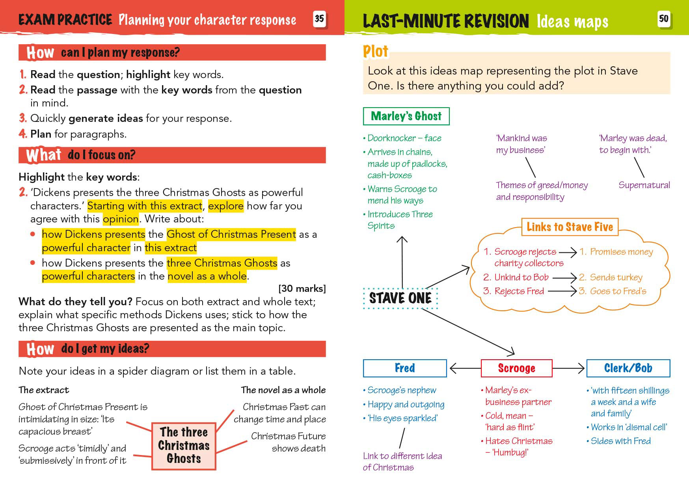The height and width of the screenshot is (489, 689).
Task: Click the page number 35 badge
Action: click(319, 19)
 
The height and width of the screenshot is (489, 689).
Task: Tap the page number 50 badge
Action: click(664, 19)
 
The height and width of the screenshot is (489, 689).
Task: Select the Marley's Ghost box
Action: click(406, 116)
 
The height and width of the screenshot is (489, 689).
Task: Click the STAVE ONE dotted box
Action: click(400, 298)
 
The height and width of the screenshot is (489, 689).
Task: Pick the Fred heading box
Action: click(405, 368)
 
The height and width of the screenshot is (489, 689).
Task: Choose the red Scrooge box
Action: click(516, 368)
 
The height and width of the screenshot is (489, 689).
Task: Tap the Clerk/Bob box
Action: click(628, 368)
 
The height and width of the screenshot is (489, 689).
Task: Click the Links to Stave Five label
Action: click(570, 227)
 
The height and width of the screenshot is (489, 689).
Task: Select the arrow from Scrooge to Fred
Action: click(465, 369)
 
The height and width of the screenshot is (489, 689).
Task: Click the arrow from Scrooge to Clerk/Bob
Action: click(569, 369)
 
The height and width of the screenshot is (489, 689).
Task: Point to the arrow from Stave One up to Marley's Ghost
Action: click(402, 262)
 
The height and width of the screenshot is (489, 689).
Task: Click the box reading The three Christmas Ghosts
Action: click(184, 446)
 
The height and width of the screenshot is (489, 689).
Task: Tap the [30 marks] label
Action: click(302, 289)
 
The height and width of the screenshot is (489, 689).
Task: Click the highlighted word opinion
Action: click(121, 219)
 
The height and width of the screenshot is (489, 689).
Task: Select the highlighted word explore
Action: click(225, 206)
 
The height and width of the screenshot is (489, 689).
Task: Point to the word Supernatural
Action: click(644, 185)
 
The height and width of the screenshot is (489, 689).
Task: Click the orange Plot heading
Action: click(375, 52)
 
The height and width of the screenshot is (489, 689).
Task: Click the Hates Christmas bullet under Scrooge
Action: click(519, 441)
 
